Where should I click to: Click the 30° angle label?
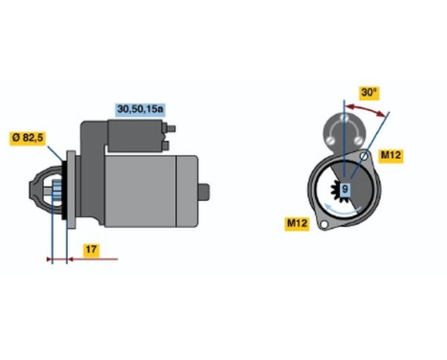(368, 92)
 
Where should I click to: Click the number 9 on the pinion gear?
(346, 191)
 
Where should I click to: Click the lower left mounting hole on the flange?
(326, 227)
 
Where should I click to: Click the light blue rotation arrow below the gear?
(346, 207)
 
